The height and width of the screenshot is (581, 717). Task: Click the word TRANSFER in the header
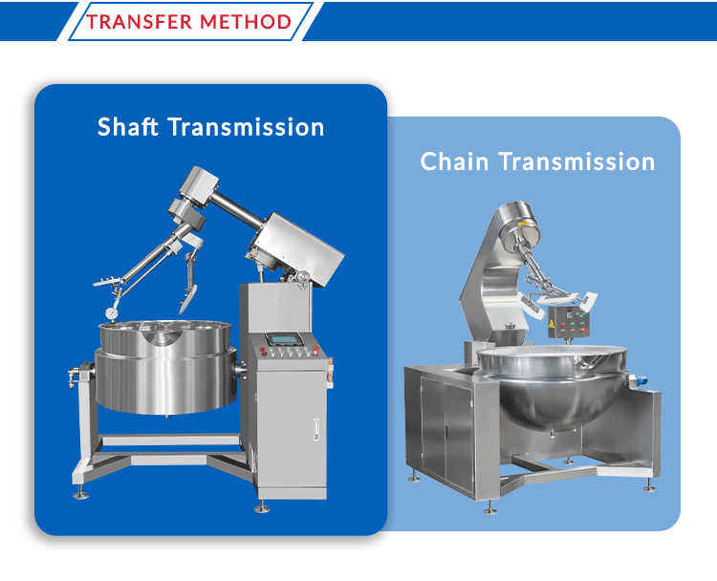(x=139, y=21)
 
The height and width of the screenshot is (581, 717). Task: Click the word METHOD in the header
(x=246, y=21)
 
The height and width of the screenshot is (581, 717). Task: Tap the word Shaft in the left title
(x=127, y=127)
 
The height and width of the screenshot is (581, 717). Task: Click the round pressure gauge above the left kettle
(x=112, y=313)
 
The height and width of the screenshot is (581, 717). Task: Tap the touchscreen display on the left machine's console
(x=283, y=339)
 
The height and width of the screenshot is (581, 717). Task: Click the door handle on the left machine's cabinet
(x=316, y=430)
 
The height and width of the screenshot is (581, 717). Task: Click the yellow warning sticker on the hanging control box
(x=552, y=324)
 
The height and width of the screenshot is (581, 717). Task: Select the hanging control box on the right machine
(x=568, y=321)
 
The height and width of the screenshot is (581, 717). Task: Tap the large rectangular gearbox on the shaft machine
(x=298, y=249)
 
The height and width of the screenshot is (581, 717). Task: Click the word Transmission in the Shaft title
(x=246, y=127)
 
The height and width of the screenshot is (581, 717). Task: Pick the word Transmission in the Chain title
(x=577, y=161)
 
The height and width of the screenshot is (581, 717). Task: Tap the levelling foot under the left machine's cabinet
(x=262, y=507)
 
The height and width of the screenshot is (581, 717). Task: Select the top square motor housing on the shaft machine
(x=199, y=186)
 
